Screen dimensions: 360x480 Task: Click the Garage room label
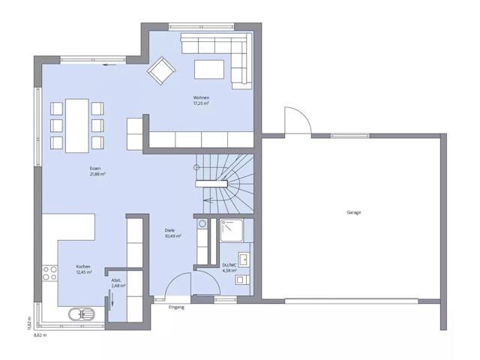coord(353,212)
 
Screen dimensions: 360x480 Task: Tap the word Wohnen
coord(200,98)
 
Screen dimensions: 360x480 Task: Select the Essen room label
coord(94,169)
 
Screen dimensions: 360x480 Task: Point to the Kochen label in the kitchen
coord(83,266)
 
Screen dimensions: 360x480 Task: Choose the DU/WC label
coord(230,265)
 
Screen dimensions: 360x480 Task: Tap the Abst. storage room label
coord(117,280)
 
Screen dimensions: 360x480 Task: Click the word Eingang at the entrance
coord(176,307)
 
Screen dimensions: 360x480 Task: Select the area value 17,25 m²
coord(200,103)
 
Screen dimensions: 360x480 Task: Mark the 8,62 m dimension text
coord(40,334)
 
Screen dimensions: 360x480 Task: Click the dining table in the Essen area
coord(76,124)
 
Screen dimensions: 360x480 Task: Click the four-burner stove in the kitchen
coord(50,272)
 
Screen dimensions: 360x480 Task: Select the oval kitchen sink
coord(77,314)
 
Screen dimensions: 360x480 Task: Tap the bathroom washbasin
coord(243,259)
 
